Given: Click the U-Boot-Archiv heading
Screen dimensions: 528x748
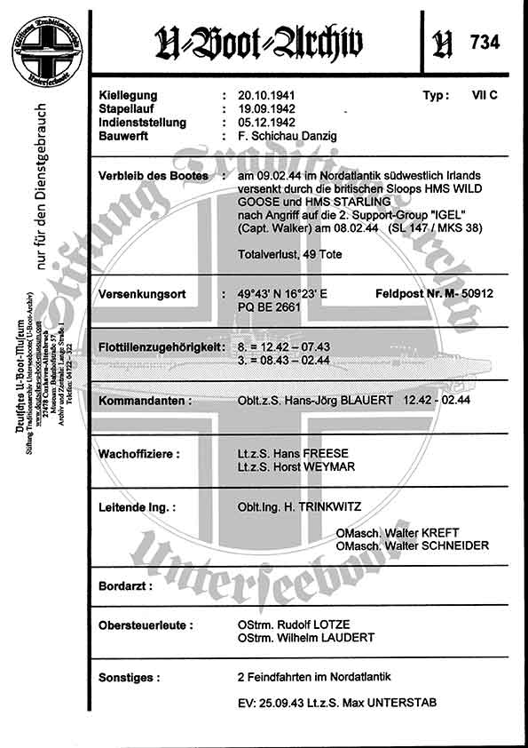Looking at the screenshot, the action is pyautogui.click(x=258, y=41).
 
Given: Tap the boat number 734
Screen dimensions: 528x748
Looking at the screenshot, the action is pyautogui.click(x=485, y=42).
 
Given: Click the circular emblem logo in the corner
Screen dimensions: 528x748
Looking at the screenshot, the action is pyautogui.click(x=45, y=42).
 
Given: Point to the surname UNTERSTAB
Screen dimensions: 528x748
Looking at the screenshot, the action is pyautogui.click(x=396, y=704).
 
